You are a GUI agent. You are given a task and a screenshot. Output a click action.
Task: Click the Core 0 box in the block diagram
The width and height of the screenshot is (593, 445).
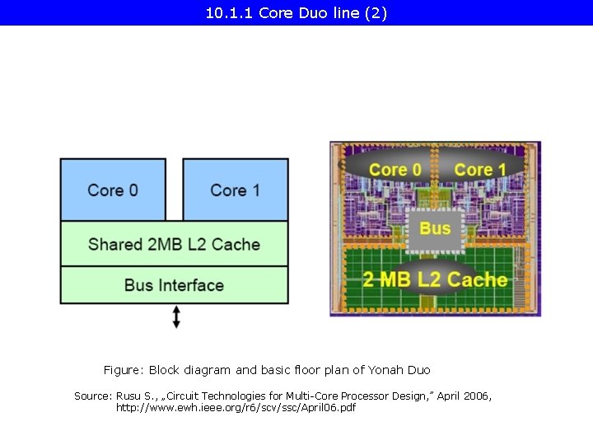tap(113, 190)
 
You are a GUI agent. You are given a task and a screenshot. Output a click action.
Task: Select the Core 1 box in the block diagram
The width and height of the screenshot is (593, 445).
tap(235, 190)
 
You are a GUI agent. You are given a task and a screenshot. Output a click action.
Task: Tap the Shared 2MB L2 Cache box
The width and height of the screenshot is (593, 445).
tap(174, 244)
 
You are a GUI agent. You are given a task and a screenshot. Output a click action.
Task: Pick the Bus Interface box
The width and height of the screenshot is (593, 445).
tap(174, 285)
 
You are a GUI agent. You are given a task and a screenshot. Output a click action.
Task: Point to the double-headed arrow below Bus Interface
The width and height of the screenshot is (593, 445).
tap(175, 317)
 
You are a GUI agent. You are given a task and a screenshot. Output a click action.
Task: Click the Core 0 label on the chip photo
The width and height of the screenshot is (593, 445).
tap(395, 170)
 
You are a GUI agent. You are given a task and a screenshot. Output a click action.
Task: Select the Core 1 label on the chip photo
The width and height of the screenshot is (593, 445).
tap(479, 170)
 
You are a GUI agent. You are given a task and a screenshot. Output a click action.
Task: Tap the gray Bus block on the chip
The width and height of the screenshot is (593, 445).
tap(435, 227)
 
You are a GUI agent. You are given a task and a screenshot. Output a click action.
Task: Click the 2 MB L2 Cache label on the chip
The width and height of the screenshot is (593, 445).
tap(435, 280)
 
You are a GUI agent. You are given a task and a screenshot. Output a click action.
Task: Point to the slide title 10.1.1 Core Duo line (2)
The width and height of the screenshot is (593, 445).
tap(296, 12)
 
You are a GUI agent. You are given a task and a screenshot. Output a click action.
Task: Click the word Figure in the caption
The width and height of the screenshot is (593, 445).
tap(123, 370)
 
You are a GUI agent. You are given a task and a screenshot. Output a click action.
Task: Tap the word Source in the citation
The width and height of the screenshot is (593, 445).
tap(91, 396)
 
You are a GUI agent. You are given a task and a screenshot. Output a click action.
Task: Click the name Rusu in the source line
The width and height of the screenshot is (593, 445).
tap(129, 396)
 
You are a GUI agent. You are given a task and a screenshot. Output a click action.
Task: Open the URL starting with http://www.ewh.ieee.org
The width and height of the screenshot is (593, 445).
tap(236, 408)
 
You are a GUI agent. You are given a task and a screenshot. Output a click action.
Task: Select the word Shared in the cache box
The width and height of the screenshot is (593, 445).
tap(115, 244)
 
